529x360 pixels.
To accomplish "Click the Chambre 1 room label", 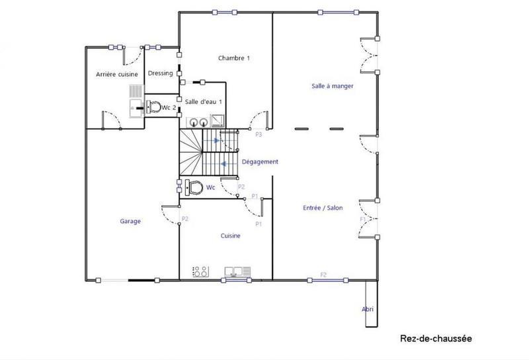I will [234, 58].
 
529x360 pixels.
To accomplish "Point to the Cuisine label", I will [230, 236].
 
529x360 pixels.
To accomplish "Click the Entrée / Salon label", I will [323, 208].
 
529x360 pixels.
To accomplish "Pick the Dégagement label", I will [260, 162].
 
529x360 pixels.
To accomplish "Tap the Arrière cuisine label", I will [116, 74].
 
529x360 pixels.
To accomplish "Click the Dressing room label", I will [161, 73].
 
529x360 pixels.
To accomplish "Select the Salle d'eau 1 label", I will [203, 101].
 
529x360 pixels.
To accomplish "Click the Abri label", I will [368, 309].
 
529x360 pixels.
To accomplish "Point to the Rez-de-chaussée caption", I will [436, 338].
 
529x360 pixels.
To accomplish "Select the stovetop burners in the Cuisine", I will [200, 271].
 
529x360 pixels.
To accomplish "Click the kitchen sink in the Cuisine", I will [237, 271].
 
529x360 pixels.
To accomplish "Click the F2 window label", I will [323, 274].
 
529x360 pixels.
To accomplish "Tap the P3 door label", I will [259, 135].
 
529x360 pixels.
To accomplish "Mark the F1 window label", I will [362, 218].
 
